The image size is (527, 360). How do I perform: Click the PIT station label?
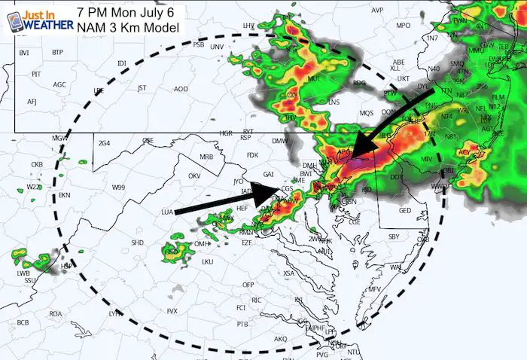36,75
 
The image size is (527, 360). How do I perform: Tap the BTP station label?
57,52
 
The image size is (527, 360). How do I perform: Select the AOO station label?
181,89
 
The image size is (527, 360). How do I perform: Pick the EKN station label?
64,196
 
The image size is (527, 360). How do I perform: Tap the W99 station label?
118,187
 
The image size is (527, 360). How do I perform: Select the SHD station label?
137,243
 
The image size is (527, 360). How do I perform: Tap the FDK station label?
252,156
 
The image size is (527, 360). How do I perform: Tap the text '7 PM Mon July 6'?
129,11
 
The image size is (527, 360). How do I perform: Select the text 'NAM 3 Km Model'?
129,27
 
